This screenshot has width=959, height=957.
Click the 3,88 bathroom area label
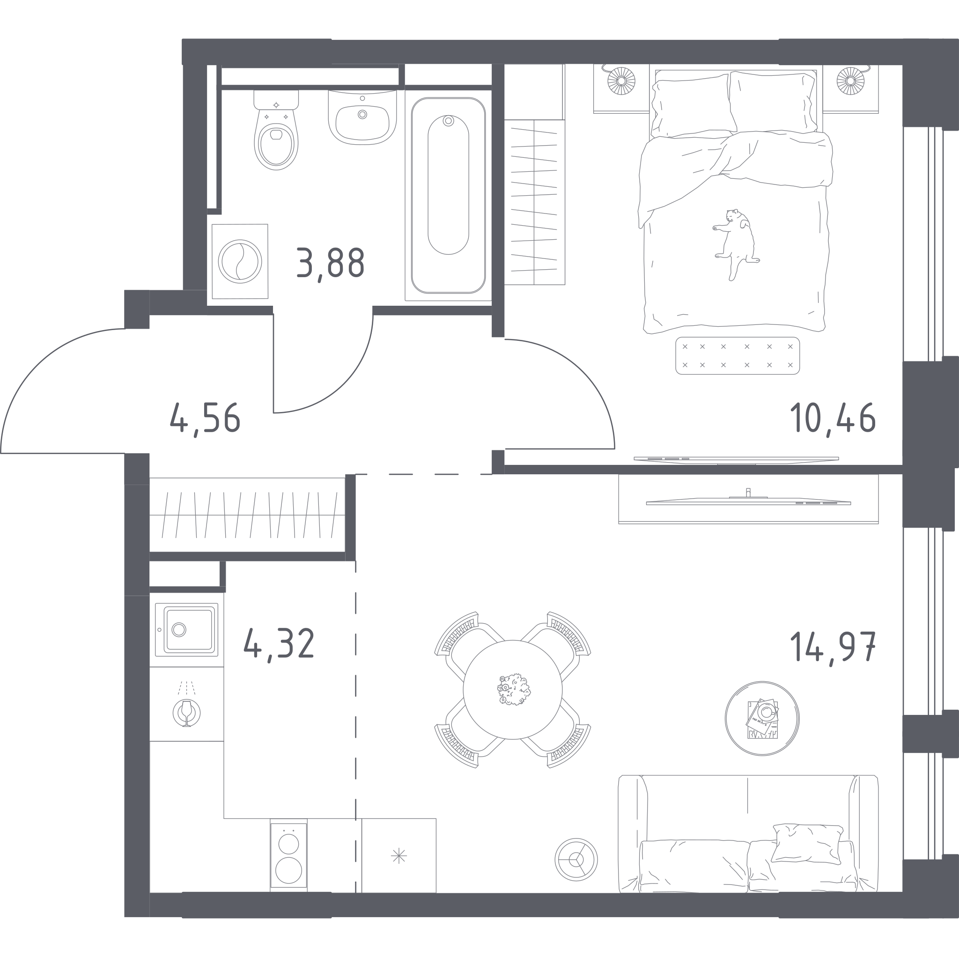coord(331,264)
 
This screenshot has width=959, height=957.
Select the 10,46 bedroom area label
coord(833,418)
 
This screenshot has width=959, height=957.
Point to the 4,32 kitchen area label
coord(279,644)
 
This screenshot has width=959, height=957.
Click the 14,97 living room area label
coord(833,646)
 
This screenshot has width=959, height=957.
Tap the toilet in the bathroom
coord(276,130)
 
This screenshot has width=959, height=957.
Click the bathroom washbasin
coord(362,117)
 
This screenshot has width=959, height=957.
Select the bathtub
coord(448,195)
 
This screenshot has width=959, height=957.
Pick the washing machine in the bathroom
coord(240,261)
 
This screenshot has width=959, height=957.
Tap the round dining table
coord(513,690)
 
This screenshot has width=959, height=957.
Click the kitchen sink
coord(187,630)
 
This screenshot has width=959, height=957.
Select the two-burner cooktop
coord(288,860)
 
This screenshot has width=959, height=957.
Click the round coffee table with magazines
coord(762,718)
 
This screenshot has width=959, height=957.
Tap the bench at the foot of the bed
coord(738,355)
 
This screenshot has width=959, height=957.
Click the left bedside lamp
coord(620,81)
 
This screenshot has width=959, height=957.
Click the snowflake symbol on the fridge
coord(398,856)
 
